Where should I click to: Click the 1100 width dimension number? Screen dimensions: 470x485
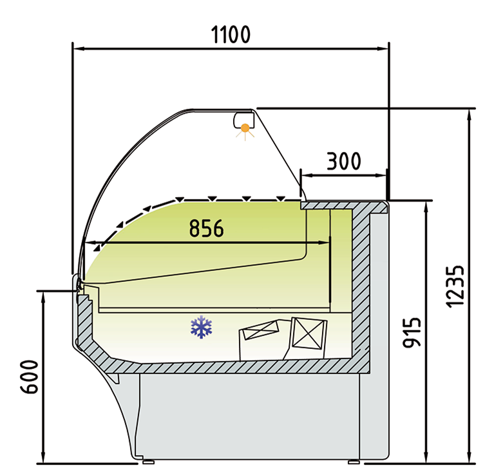231,34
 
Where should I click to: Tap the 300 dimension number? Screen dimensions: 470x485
343,161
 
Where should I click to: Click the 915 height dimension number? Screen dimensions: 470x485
412,332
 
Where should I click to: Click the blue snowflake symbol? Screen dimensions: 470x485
202,327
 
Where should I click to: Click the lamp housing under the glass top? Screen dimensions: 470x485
243,119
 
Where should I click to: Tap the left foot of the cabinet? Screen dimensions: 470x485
147,461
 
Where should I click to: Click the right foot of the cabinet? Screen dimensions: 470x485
354,461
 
